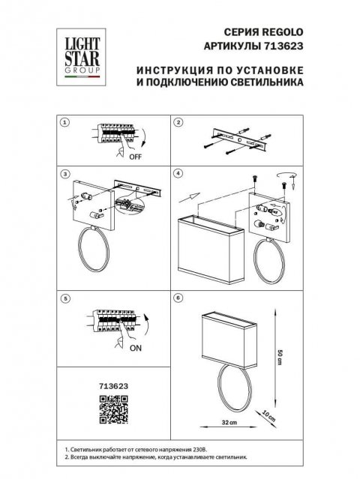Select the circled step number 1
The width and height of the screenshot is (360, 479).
65,121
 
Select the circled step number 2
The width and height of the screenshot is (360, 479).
179,121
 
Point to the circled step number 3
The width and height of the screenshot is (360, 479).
65,174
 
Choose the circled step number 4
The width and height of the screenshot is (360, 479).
178,174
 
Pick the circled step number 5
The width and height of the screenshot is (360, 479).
65,298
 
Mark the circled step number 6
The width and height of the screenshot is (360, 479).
178,298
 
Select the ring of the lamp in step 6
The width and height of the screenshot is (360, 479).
234,390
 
